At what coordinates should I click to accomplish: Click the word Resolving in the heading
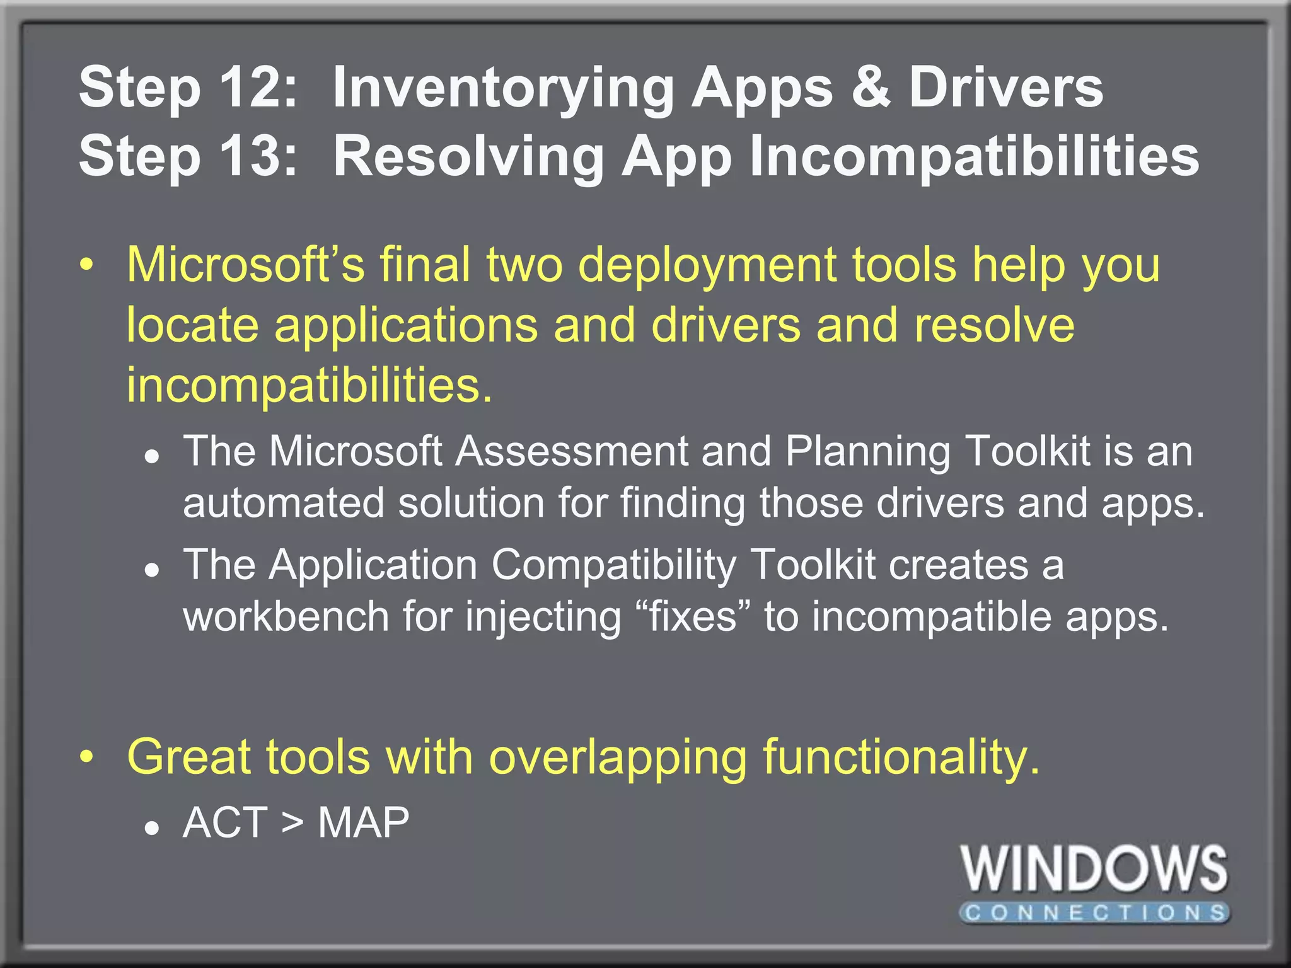[468, 158]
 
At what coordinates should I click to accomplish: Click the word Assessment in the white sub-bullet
[572, 451]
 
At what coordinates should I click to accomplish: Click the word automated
[283, 503]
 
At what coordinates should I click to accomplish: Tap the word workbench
[286, 616]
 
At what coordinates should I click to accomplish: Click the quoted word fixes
[693, 616]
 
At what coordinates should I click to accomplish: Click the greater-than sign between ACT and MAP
[292, 822]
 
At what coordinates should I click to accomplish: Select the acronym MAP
[364, 822]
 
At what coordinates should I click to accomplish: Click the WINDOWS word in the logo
[1094, 869]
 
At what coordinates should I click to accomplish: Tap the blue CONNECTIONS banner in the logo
[1094, 913]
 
